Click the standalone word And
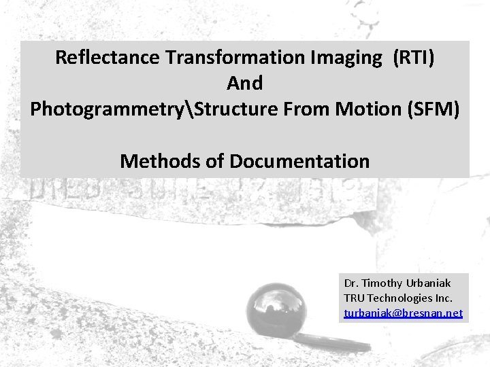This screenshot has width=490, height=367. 245,84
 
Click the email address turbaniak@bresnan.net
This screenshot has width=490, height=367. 404,313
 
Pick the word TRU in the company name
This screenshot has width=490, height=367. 355,298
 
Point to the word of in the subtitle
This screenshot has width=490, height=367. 218,162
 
